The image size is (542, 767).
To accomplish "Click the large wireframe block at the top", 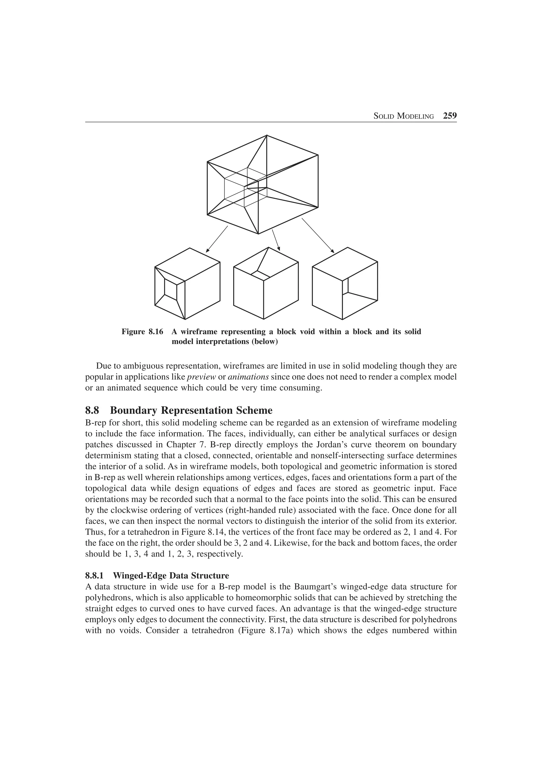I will (x=263, y=184).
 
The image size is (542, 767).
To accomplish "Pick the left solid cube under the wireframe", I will (x=187, y=284).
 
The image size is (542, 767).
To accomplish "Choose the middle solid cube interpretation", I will (x=266, y=284).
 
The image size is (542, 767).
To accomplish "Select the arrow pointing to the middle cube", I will (x=276, y=240).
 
